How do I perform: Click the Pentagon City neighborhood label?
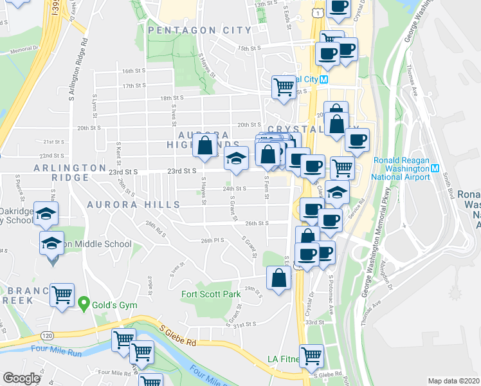point(199,30)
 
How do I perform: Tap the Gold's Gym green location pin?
point(83,302)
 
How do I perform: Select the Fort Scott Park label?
point(211,294)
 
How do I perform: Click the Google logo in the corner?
point(22,378)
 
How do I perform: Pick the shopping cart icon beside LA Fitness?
point(312,354)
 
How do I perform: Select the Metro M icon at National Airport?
point(435,169)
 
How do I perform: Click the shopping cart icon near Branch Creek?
point(62,295)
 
